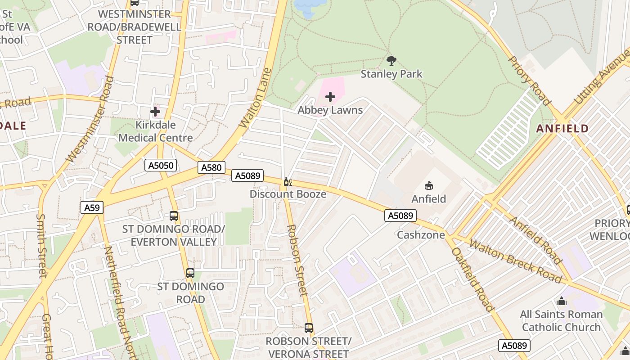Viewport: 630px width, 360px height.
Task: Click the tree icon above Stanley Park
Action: [391, 60]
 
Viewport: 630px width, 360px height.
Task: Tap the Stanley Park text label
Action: [391, 74]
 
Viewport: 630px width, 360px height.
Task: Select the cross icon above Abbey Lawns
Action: [330, 97]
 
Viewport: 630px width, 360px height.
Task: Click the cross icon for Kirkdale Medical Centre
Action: [155, 112]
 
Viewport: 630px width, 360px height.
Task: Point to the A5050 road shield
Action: [161, 165]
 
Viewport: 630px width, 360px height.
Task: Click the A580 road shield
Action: [211, 168]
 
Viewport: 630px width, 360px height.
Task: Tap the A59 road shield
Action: [92, 207]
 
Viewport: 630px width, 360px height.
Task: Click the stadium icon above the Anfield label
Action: [429, 185]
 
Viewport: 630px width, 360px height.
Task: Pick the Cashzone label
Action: [421, 234]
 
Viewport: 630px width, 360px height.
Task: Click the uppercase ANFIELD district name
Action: [562, 129]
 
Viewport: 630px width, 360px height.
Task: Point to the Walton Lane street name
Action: [256, 98]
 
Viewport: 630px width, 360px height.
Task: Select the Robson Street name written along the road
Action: [297, 261]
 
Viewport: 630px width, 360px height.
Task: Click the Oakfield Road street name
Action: [473, 279]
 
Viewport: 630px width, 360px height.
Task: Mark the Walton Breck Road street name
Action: [516, 261]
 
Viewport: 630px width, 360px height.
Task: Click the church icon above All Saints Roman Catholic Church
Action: [561, 301]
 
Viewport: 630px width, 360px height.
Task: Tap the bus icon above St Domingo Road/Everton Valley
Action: [174, 216]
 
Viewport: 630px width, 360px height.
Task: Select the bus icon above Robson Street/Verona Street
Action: [308, 328]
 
